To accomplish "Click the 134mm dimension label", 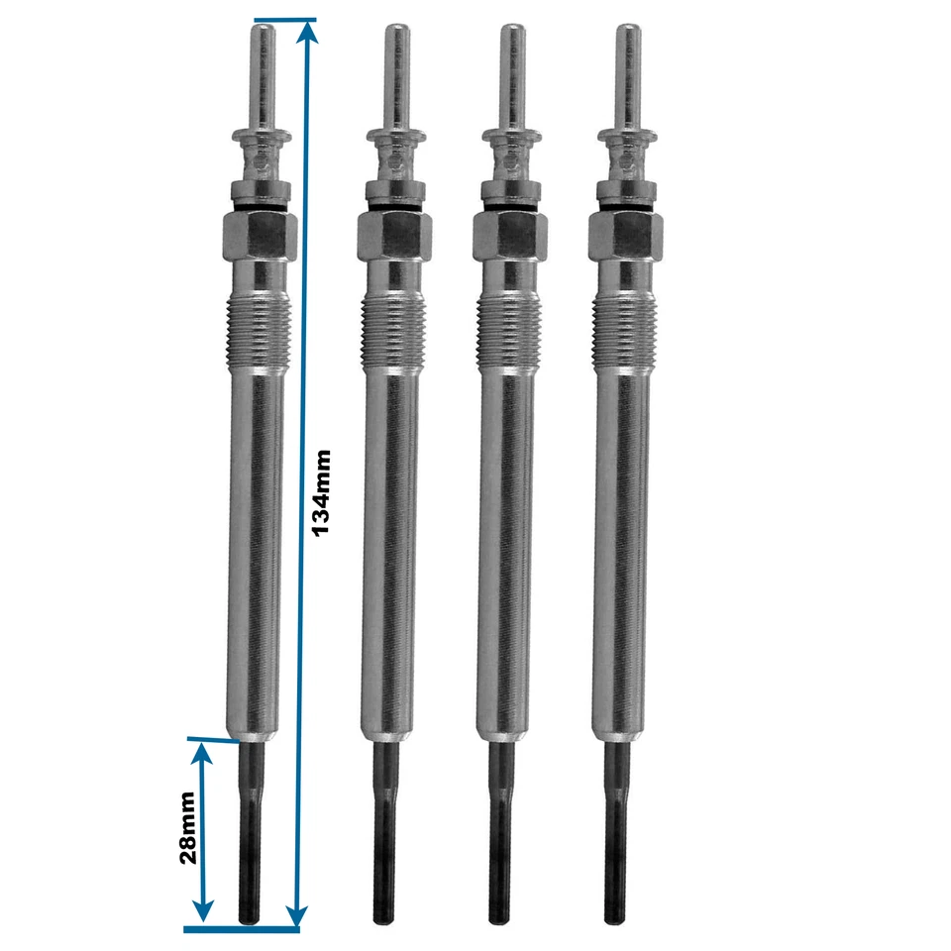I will (x=322, y=492).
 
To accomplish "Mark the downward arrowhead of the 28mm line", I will (x=203, y=913).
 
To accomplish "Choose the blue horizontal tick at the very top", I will (x=285, y=20).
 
